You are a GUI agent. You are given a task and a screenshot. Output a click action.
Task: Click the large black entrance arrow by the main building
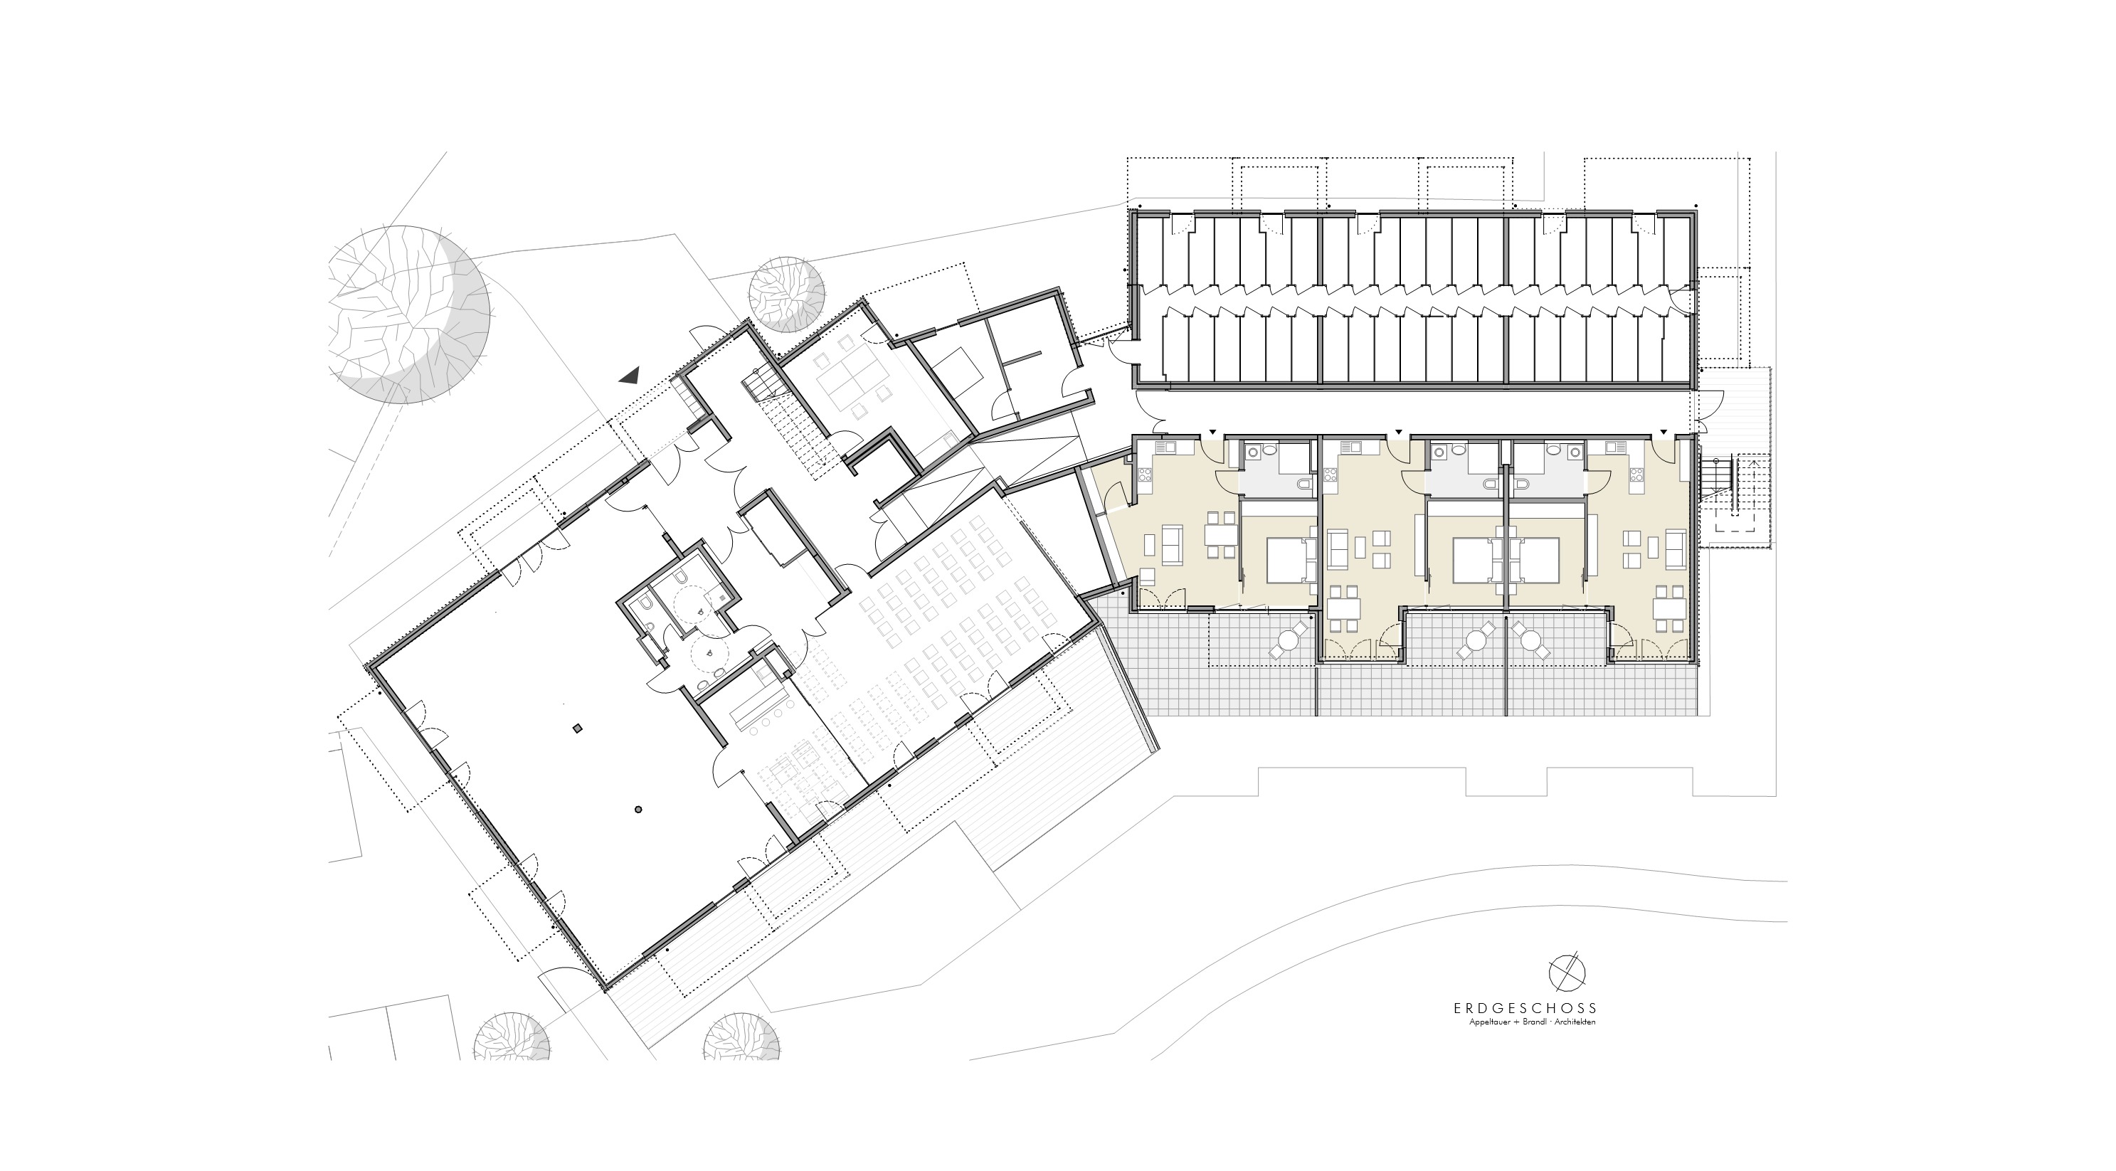630,376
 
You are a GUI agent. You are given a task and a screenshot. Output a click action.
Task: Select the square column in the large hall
578,728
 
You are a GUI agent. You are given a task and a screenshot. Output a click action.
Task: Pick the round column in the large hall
638,810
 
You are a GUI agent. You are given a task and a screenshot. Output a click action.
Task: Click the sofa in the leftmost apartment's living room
1171,547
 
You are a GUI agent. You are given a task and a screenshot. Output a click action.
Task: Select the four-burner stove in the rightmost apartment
1636,474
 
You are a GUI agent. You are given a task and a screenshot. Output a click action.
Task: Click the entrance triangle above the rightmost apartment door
1663,431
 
